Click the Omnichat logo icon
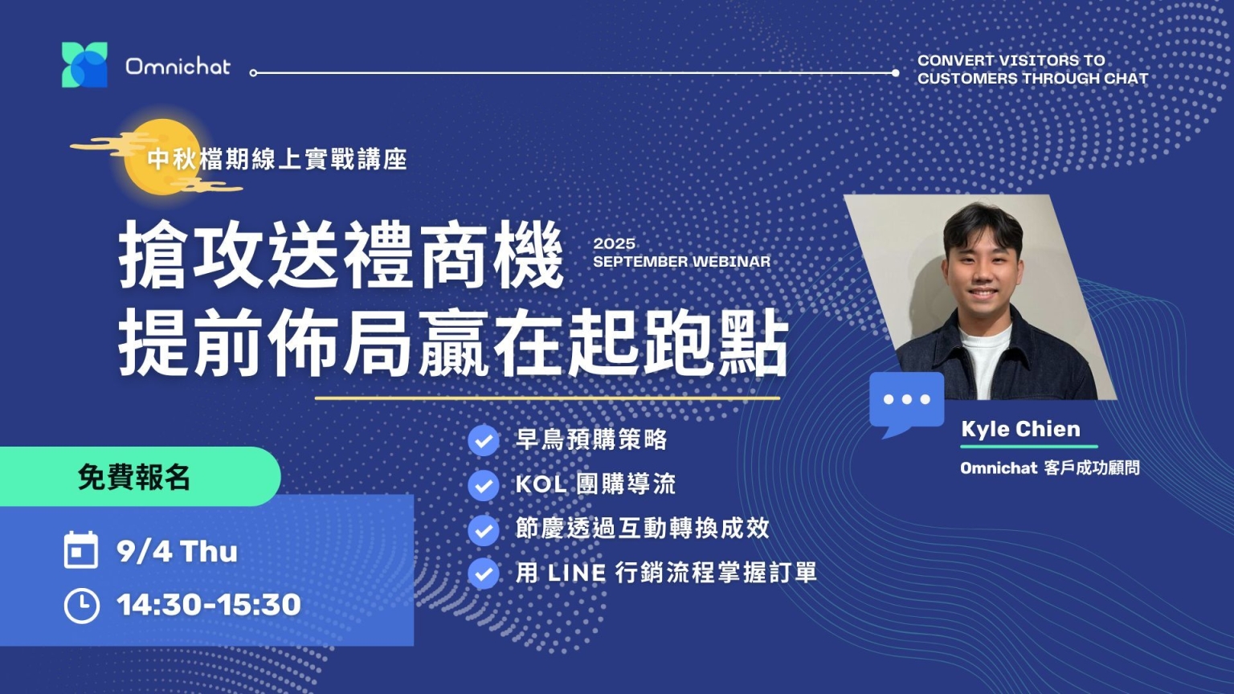(84, 64)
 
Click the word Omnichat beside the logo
(178, 67)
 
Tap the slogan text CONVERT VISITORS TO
(1011, 60)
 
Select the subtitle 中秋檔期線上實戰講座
(277, 160)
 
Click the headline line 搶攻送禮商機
(341, 255)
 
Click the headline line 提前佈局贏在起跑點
(453, 343)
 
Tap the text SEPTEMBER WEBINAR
(681, 262)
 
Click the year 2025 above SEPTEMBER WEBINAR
(615, 243)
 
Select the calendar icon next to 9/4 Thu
(81, 549)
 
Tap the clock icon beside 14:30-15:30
(81, 606)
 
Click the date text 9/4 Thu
(177, 551)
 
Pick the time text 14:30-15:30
(209, 605)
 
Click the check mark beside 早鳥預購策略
(484, 441)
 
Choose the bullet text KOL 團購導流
(595, 484)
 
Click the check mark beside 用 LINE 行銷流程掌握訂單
(484, 574)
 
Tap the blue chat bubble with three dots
(906, 403)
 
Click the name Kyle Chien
(1021, 429)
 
